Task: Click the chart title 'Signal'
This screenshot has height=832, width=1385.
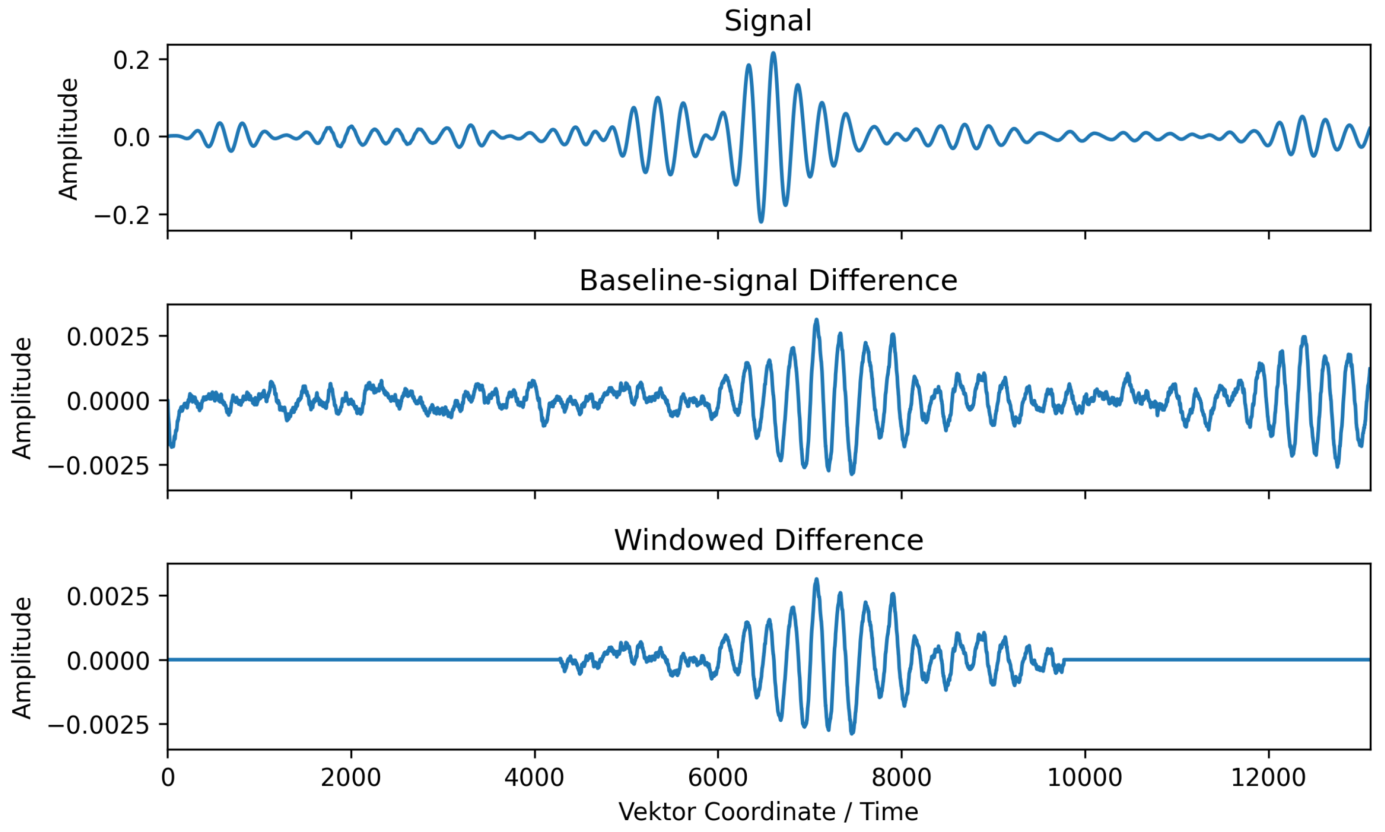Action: pos(767,21)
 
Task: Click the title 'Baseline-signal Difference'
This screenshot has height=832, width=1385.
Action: pos(767,280)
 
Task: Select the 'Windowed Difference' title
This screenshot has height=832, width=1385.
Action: pos(767,540)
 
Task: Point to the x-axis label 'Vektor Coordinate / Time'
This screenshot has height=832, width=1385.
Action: pos(767,811)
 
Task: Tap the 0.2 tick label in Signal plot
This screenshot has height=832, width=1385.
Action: pos(132,60)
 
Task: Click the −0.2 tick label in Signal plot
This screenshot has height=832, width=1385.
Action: pos(122,215)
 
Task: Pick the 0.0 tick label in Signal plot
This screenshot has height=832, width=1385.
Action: pos(132,138)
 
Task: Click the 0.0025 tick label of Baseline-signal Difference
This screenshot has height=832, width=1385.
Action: pos(108,337)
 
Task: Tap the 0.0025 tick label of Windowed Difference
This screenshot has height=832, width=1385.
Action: pos(108,597)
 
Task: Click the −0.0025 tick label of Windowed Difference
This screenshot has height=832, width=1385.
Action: pos(99,725)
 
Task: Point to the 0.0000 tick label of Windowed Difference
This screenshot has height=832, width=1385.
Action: pos(108,661)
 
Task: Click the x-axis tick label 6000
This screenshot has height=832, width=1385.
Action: pos(718,777)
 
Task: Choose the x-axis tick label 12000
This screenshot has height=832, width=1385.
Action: pos(1269,777)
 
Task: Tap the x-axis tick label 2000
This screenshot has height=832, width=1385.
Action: pos(351,777)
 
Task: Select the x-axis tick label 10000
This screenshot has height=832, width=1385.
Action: pos(1084,777)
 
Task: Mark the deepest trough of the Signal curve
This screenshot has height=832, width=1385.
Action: pos(761,222)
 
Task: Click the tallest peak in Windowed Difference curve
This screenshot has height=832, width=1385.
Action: pos(817,580)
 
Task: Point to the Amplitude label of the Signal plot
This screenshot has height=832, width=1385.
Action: pos(68,139)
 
